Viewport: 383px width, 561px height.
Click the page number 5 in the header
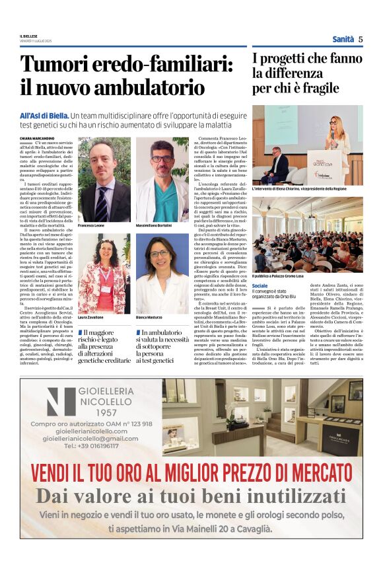[x=361, y=39]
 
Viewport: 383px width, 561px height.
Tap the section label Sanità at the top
[x=343, y=39]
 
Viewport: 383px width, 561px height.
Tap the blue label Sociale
[x=260, y=285]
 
